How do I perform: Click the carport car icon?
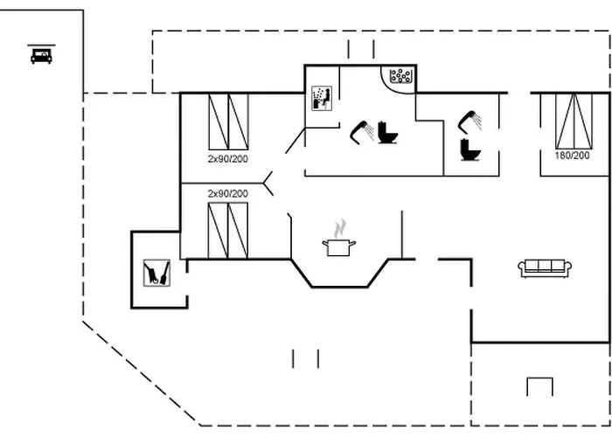point(41,56)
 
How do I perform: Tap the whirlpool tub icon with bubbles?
point(401,77)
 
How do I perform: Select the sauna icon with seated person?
point(321,98)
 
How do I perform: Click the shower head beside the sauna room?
point(359,131)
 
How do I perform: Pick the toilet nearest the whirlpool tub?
point(387,133)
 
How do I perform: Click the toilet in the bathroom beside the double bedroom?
point(472,149)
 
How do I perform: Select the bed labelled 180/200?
point(573,121)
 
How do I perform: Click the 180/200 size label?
point(573,156)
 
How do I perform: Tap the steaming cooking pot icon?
point(337,246)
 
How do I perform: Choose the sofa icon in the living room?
point(545,268)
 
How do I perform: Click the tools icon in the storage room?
point(157,274)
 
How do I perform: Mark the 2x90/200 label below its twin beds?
point(227,159)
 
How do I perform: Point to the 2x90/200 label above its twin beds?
point(227,193)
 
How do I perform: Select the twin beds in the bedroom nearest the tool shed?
point(227,230)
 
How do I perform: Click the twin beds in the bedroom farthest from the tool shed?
point(227,121)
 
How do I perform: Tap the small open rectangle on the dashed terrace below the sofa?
point(539,386)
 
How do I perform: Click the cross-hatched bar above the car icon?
point(41,44)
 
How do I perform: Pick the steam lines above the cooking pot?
point(338,227)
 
